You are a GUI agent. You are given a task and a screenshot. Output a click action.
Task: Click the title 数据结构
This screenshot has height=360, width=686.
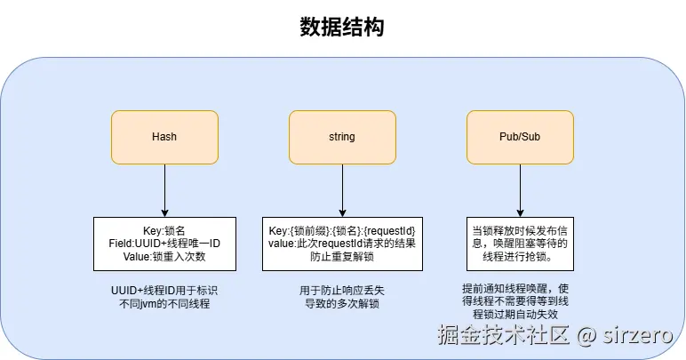point(342,28)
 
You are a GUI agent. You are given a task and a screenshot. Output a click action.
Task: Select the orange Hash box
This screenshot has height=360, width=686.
point(164,137)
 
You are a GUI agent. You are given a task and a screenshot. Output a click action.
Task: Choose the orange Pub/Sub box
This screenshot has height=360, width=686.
point(520,137)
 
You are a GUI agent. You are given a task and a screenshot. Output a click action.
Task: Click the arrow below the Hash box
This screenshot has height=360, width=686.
point(164,189)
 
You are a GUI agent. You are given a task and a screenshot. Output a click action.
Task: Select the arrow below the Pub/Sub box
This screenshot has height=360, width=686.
point(520,189)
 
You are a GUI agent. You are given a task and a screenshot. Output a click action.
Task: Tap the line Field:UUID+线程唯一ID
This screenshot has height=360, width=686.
point(164,244)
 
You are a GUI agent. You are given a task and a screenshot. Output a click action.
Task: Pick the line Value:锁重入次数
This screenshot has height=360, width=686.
point(164,256)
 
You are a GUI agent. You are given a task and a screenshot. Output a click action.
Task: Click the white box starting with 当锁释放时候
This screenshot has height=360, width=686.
point(520,244)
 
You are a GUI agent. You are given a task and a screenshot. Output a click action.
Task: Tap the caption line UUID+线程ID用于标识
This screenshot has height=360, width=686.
point(164,291)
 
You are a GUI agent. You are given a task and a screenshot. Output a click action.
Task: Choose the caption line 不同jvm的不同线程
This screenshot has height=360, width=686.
point(164,304)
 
